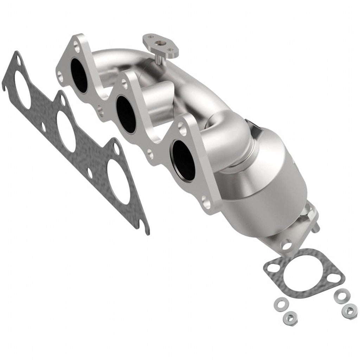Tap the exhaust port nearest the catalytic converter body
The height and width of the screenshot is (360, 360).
click(184, 160)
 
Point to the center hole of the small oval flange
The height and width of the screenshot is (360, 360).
click(161, 45)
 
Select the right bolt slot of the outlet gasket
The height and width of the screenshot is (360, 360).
click(337, 279)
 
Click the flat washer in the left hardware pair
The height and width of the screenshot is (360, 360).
click(280, 302)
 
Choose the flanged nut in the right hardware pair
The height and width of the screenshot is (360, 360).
click(349, 310)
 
